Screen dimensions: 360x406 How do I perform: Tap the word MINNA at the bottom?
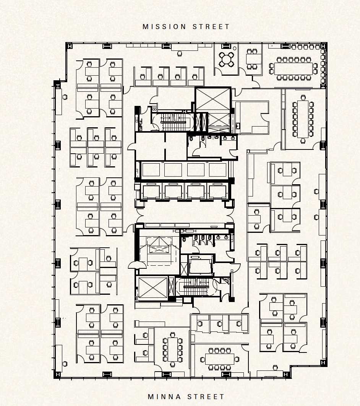165,397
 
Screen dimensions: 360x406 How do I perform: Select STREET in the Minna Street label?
206,397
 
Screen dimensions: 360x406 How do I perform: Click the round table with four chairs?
227,60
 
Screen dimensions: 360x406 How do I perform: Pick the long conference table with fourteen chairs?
293,68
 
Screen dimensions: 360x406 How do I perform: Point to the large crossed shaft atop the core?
213,99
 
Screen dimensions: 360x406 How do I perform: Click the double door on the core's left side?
137,265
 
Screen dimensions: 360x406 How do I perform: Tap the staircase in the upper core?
174,122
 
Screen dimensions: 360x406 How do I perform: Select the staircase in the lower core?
196,286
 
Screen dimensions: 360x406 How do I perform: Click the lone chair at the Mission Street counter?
180,54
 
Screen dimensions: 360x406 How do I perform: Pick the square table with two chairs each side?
252,59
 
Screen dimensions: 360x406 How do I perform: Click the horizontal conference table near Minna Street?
219,359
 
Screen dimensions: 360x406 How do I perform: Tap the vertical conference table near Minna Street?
172,349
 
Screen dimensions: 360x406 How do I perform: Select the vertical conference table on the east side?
303,119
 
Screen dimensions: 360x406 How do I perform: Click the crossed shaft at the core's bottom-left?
153,287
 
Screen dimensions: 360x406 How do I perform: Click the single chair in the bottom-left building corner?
65,364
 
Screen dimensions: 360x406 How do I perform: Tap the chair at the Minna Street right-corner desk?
276,367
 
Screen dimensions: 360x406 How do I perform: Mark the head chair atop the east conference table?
303,97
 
